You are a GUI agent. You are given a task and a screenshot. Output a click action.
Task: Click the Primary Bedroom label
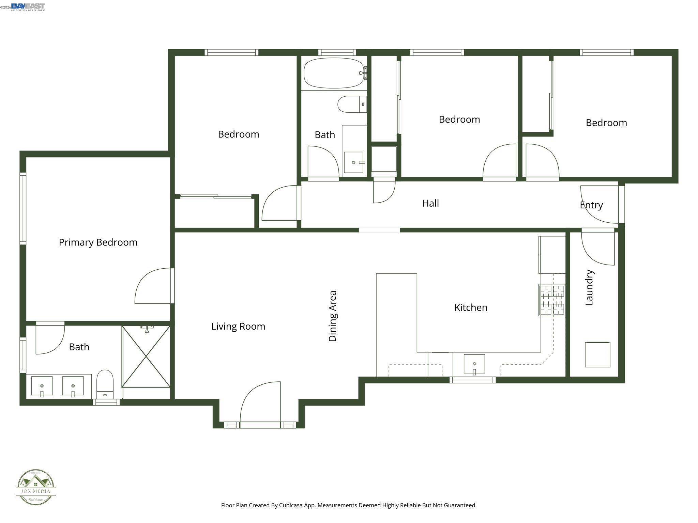click(98, 242)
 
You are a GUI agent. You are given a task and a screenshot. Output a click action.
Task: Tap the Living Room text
click(238, 326)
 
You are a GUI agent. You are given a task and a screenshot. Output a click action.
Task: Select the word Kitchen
click(471, 307)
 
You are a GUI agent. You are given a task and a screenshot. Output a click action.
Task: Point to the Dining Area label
click(333, 316)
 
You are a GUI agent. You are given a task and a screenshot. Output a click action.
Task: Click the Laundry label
click(589, 288)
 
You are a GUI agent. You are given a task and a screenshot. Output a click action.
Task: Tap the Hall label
click(430, 203)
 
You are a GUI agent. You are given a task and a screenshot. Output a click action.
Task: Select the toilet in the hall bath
click(351, 104)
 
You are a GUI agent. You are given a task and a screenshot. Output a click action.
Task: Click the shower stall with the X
click(146, 356)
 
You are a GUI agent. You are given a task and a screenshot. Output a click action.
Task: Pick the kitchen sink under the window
click(474, 364)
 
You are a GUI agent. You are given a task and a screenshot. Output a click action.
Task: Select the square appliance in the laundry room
click(597, 354)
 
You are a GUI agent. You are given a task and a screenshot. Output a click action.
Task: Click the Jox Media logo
click(36, 487)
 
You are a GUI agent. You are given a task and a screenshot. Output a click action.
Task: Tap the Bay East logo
click(28, 7)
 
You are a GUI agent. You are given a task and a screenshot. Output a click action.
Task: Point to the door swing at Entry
click(599, 204)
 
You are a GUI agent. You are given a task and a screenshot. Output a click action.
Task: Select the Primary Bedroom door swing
click(153, 286)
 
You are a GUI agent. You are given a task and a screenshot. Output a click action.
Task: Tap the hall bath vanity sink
click(353, 162)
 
